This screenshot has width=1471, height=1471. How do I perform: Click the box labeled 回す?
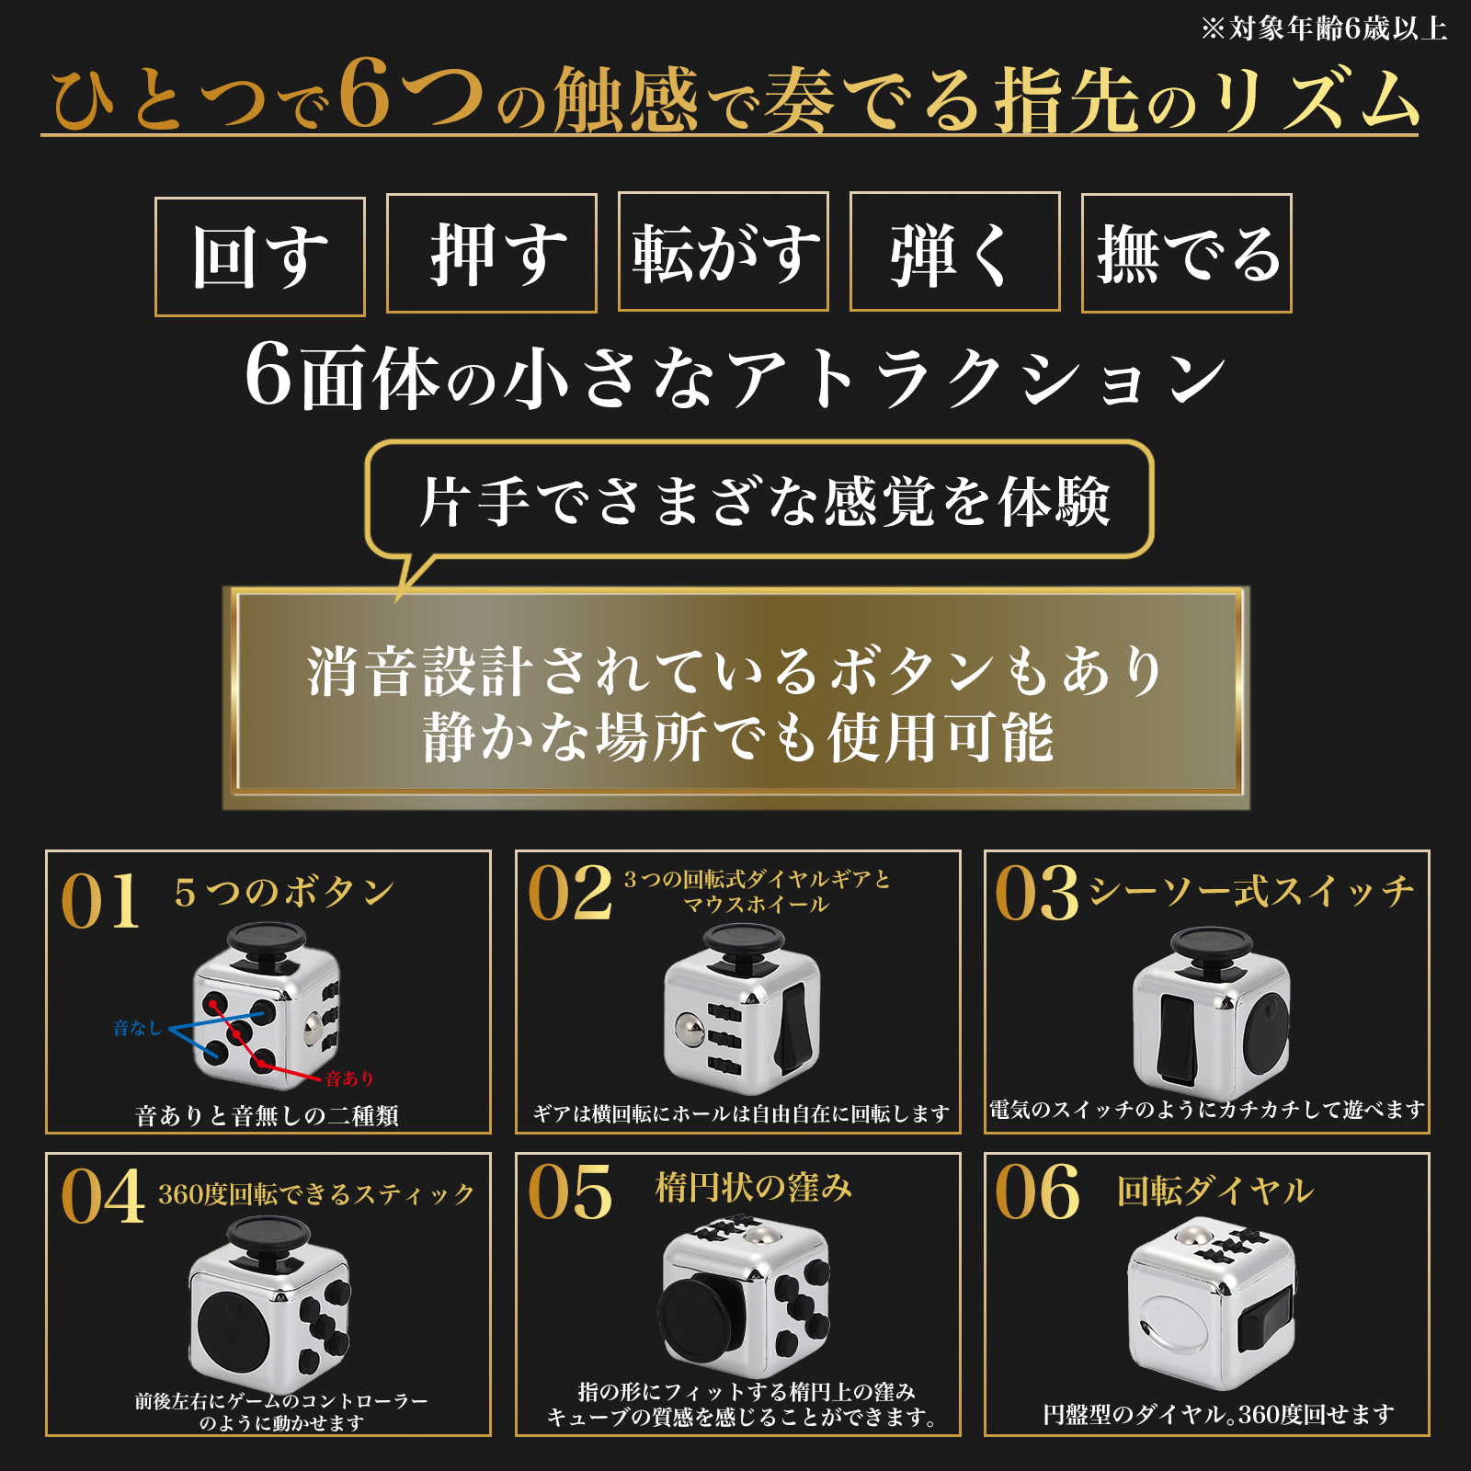tap(260, 257)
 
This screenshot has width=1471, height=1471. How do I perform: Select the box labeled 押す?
tap(492, 254)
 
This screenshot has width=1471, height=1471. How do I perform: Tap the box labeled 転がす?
tap(724, 252)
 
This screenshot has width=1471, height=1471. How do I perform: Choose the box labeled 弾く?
tap(954, 252)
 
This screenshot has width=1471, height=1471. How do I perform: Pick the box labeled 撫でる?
tap(1186, 254)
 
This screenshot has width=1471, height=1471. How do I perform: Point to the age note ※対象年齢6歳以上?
tap(1324, 29)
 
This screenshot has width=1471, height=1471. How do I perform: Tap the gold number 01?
tap(99, 902)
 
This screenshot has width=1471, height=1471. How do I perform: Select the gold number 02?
tap(570, 894)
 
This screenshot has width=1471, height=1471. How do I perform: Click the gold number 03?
tap(1037, 894)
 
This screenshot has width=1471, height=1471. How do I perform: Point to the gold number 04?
tap(102, 1197)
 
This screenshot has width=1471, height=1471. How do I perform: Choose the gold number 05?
tap(570, 1192)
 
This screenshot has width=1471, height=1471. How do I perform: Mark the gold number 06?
tap(1037, 1192)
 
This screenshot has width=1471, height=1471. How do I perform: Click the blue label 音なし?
tap(137, 1028)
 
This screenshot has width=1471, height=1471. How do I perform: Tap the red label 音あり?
tap(349, 1078)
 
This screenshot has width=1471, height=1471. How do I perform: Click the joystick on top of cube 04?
tap(268, 1236)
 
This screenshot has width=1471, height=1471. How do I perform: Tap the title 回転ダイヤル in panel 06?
tap(1214, 1192)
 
